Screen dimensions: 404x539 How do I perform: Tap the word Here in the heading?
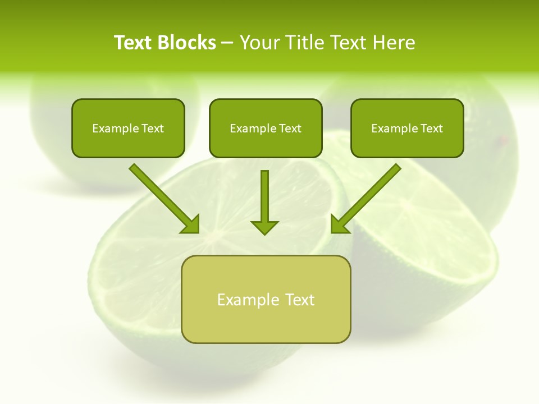tap(392, 43)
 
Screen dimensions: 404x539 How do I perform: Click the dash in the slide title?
tap(227, 43)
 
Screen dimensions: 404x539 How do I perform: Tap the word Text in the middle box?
tap(290, 128)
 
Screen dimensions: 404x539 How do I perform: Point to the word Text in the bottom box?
tap(300, 300)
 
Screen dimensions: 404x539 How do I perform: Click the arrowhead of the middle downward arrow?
tap(264, 227)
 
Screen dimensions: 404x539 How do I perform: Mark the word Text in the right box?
tap(431, 128)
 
